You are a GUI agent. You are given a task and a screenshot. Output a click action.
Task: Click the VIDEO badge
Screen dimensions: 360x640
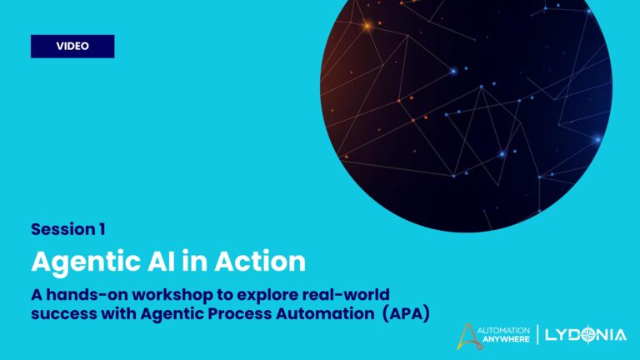(x=72, y=46)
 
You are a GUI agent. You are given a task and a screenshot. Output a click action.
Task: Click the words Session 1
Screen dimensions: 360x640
(x=68, y=228)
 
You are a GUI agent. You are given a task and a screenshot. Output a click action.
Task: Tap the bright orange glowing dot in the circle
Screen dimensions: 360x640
(x=366, y=26)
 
